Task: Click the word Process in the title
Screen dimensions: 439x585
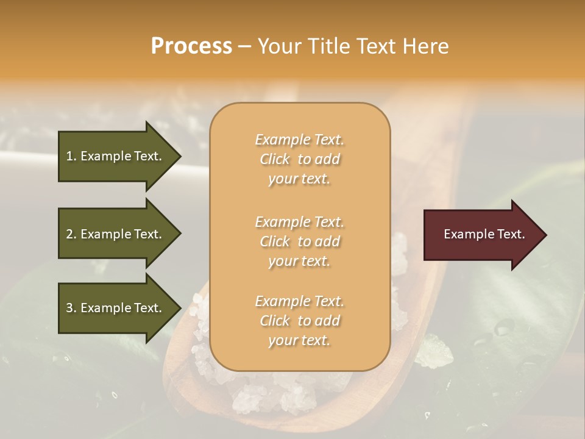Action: click(191, 46)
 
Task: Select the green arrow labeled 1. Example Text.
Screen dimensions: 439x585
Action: click(116, 156)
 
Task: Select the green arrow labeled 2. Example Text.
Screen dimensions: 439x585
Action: click(116, 234)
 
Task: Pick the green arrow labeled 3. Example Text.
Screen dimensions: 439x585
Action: click(116, 308)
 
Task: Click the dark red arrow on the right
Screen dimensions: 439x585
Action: click(481, 235)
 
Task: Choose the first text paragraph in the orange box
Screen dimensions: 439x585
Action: click(299, 159)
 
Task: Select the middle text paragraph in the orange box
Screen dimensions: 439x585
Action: click(299, 241)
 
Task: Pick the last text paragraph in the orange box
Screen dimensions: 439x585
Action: click(299, 321)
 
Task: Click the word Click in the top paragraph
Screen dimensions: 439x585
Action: click(275, 159)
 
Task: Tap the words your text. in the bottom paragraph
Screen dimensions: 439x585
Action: click(299, 340)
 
